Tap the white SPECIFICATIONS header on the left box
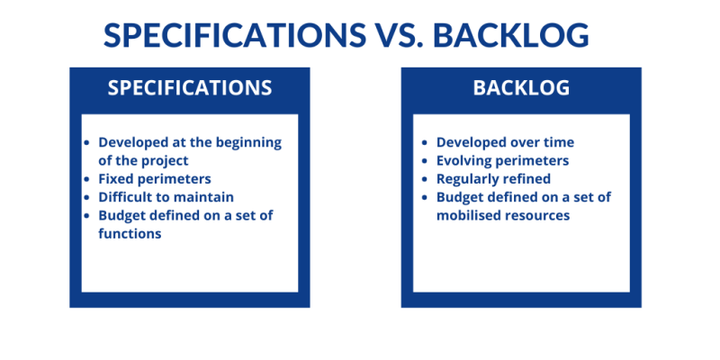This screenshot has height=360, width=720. coord(189,88)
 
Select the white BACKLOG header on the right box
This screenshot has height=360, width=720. coord(521,88)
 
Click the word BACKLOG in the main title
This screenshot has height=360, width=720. coord(510,35)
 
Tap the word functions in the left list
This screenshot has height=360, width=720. coord(130,234)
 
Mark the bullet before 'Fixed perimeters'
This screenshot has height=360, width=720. coord(86,179)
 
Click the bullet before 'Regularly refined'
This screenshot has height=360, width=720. coord(425,179)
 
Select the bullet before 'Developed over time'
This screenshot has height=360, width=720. coord(425,142)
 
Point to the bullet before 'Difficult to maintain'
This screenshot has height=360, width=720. coord(86,197)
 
